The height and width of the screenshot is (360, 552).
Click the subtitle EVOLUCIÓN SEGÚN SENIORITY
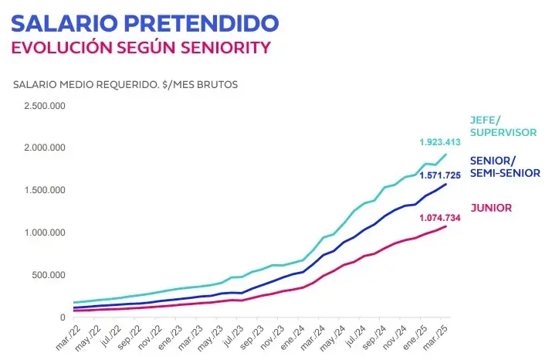tap(141, 47)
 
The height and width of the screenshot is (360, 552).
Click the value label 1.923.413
tap(440, 143)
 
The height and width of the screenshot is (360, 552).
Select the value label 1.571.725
tap(440, 175)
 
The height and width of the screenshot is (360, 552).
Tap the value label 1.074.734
tap(440, 219)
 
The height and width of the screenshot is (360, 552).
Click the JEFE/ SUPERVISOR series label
tap(503, 126)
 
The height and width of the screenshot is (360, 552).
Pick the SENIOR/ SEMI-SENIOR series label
tap(505, 167)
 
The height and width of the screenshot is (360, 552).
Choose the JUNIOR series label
tap(490, 207)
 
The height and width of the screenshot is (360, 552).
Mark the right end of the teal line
tap(446, 155)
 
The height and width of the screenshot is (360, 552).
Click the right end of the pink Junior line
tap(446, 226)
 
